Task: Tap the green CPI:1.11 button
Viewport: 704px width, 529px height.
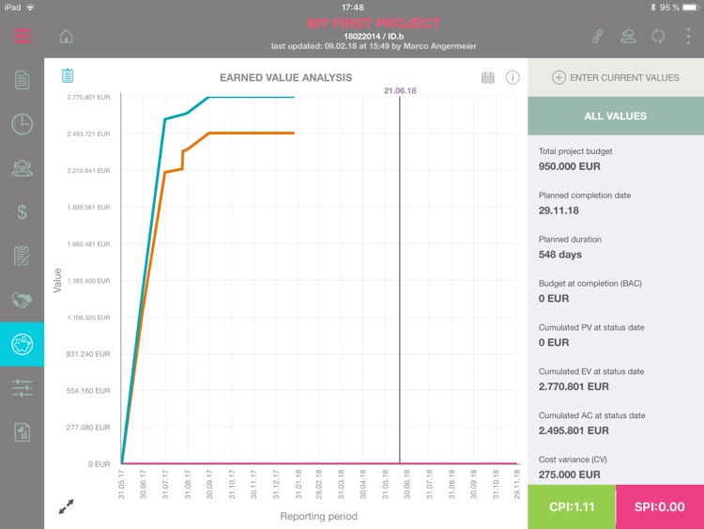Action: pyautogui.click(x=571, y=507)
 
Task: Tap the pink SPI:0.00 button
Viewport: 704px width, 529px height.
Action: pyautogui.click(x=660, y=507)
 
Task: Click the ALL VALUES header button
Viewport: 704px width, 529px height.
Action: pyautogui.click(x=616, y=116)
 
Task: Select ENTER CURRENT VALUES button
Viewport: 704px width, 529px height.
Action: pyautogui.click(x=616, y=77)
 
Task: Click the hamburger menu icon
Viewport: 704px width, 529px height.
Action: pyautogui.click(x=23, y=37)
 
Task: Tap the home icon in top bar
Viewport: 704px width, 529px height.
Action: pyautogui.click(x=66, y=37)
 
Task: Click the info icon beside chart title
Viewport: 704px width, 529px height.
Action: pyautogui.click(x=513, y=77)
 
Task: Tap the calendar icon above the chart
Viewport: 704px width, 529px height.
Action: pyautogui.click(x=488, y=77)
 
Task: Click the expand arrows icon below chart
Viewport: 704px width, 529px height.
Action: pyautogui.click(x=66, y=506)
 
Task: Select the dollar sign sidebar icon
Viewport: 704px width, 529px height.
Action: pyautogui.click(x=22, y=212)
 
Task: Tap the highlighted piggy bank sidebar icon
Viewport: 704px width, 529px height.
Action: pyautogui.click(x=22, y=344)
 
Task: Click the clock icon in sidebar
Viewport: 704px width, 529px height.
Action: pyautogui.click(x=22, y=124)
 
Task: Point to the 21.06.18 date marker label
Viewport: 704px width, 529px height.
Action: pyautogui.click(x=400, y=91)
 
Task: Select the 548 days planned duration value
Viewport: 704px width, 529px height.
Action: pyautogui.click(x=560, y=255)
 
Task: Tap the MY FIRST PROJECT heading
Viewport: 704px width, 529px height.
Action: pyautogui.click(x=374, y=23)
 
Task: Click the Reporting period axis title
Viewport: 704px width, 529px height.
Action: pyautogui.click(x=318, y=516)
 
